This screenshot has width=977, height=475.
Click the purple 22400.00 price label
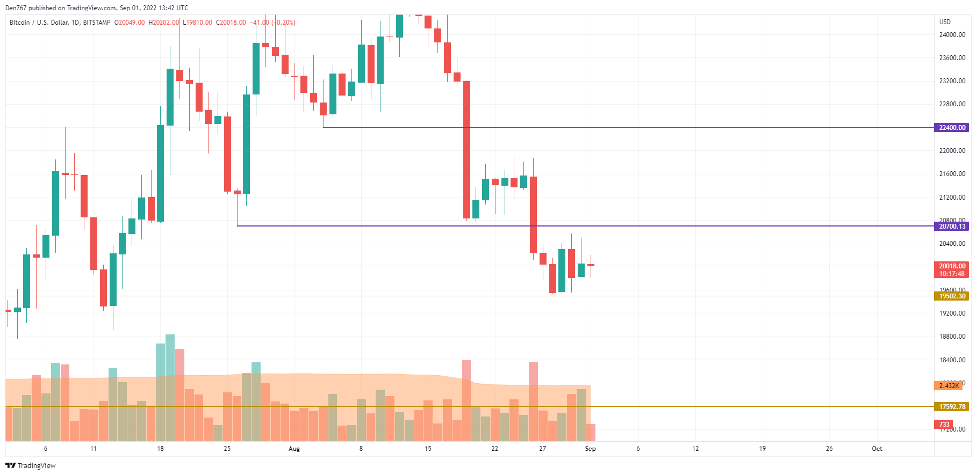pos(952,128)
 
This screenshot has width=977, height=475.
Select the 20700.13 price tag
pos(952,226)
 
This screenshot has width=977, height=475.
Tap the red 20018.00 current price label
pos(952,266)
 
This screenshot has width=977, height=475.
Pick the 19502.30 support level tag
pos(952,296)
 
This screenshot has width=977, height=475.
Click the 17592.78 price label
pos(952,407)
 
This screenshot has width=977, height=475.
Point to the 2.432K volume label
pos(949,386)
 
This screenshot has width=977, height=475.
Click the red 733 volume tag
pos(944,425)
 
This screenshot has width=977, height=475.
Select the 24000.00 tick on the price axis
pos(952,35)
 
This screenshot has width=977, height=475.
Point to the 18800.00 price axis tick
pos(952,337)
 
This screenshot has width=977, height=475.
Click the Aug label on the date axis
pos(294,449)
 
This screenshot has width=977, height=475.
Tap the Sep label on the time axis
pos(590,449)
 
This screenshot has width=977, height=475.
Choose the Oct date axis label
pos(877,449)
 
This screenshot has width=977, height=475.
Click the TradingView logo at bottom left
pos(31,465)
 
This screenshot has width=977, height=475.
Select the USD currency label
pos(945,22)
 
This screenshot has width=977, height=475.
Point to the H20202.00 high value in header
pos(164,23)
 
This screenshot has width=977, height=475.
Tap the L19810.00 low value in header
pos(198,23)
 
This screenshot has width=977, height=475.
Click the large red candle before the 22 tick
pos(466,150)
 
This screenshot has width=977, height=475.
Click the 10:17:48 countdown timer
pos(952,274)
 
